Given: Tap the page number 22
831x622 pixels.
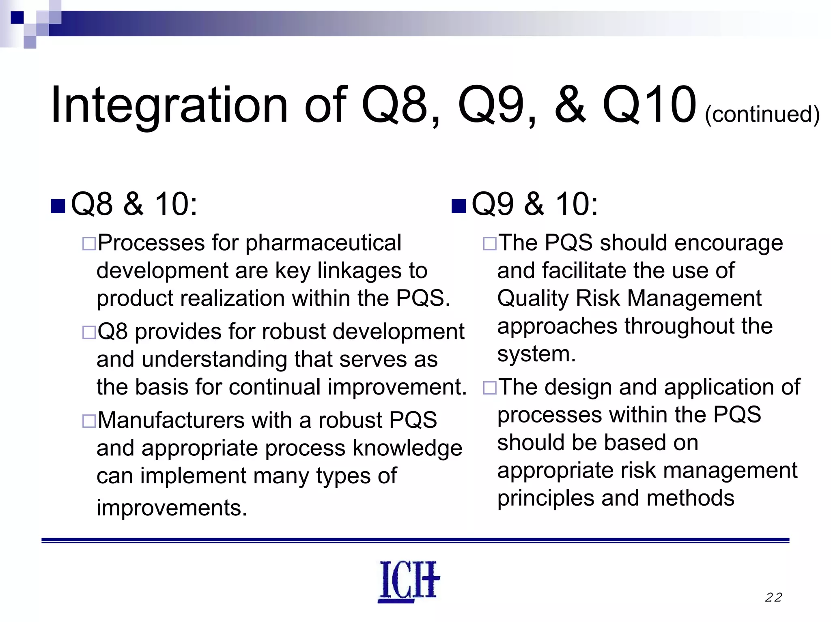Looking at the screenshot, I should [x=773, y=597].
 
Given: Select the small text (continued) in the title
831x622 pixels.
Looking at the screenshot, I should [x=762, y=114].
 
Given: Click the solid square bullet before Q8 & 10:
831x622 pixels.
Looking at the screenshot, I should [x=58, y=206].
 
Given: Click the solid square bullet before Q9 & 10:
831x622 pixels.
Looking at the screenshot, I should [x=459, y=206].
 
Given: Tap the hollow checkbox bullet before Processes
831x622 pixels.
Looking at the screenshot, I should [x=89, y=244].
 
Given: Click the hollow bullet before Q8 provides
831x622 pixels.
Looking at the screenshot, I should [x=89, y=332].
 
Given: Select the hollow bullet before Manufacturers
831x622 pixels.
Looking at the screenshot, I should [x=89, y=421].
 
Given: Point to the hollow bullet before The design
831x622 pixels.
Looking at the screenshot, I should [x=489, y=388].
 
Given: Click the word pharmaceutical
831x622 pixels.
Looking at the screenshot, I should [x=323, y=243].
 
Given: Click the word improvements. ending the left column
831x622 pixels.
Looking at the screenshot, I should [x=172, y=508].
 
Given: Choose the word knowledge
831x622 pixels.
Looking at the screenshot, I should [x=407, y=448].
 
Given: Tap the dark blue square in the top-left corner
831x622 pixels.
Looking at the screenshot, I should [x=17, y=17].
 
